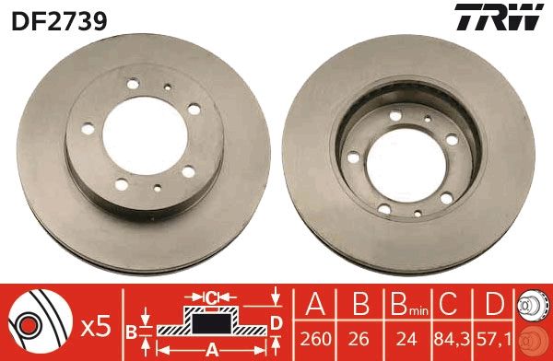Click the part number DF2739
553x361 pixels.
click(x=59, y=20)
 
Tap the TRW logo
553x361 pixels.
click(x=499, y=17)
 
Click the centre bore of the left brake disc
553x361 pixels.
click(x=145, y=135)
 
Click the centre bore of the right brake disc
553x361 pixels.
click(x=406, y=165)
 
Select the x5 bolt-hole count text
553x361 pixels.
click(x=96, y=327)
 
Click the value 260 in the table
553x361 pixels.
click(x=315, y=339)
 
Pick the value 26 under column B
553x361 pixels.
click(x=359, y=339)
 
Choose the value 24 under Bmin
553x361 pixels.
click(x=406, y=339)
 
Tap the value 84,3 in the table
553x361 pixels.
click(x=452, y=339)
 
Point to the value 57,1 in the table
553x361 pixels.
click(x=494, y=339)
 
